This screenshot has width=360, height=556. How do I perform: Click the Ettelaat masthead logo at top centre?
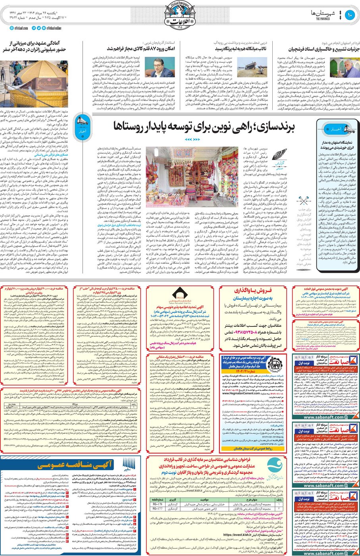[179, 16]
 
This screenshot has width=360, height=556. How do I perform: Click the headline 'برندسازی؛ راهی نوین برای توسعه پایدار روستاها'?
[204, 126]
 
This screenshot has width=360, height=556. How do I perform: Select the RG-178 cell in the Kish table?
[158, 504]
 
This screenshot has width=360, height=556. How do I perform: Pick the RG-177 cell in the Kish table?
[158, 508]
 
